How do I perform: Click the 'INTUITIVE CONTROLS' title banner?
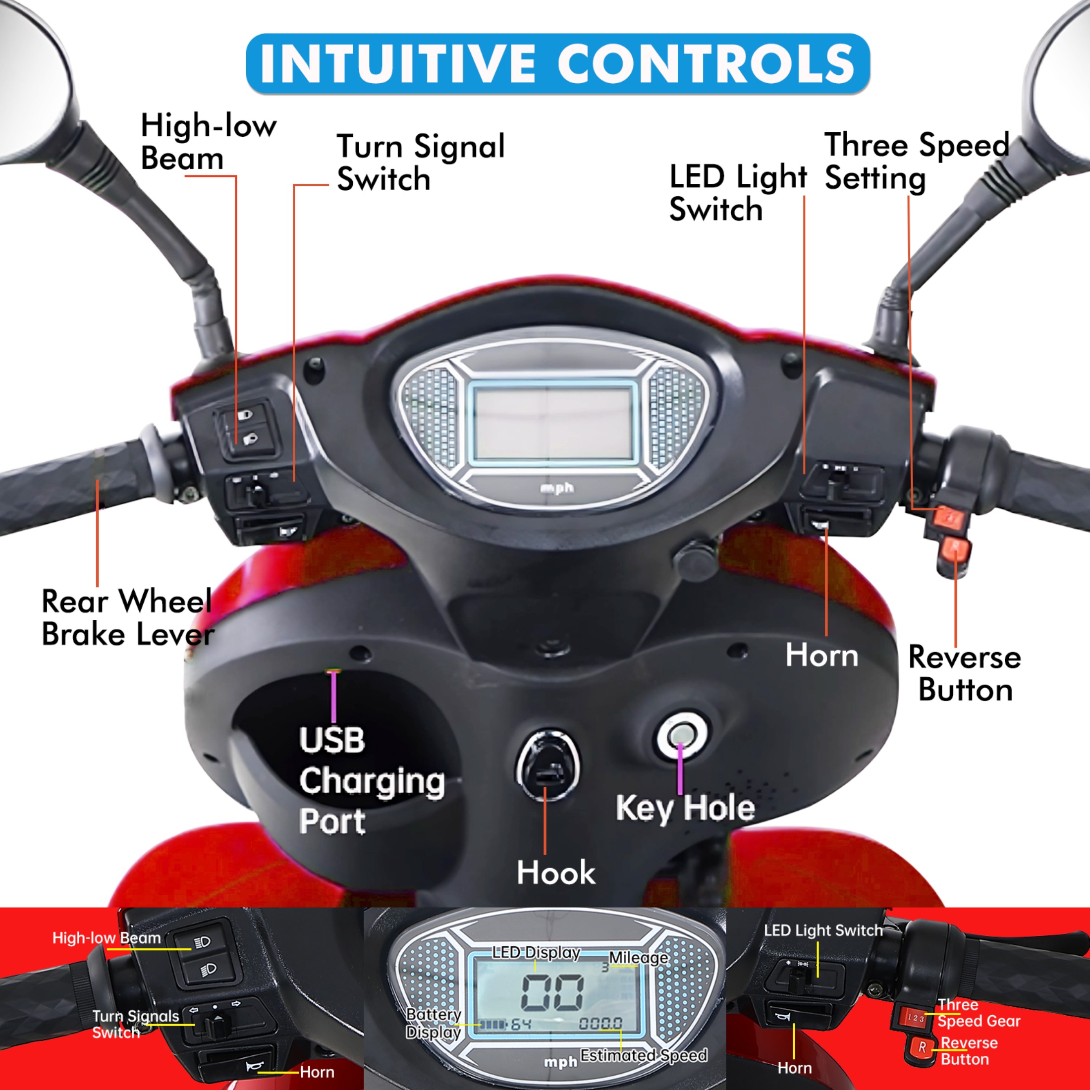click(x=557, y=63)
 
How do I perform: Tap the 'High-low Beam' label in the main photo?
click(x=208, y=142)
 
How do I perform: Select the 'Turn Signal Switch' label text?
click(x=420, y=163)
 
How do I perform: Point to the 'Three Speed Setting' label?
click(x=916, y=162)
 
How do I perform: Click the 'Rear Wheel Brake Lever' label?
click(x=127, y=618)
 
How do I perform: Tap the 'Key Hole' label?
click(x=685, y=808)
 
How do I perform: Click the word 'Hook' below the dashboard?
click(x=556, y=873)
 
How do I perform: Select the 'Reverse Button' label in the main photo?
click(x=964, y=674)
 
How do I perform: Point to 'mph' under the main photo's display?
click(x=557, y=488)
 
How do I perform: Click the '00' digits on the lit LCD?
click(x=552, y=993)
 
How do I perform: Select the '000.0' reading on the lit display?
click(x=601, y=1023)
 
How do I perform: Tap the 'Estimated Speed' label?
click(x=643, y=1055)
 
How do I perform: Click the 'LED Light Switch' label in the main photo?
click(x=737, y=193)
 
